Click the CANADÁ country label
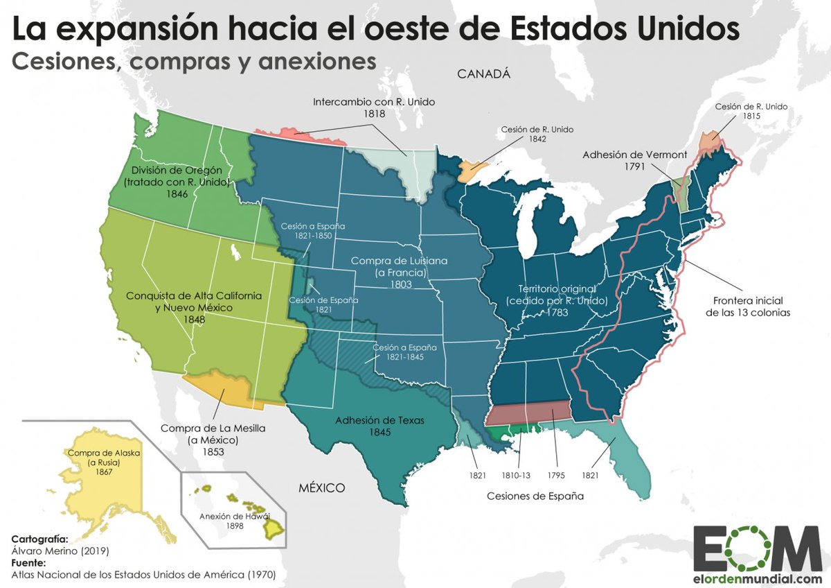[483, 74]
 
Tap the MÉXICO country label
[321, 488]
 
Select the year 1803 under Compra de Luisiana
[400, 284]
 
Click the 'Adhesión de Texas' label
[379, 420]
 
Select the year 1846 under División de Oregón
[177, 195]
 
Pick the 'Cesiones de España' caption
[535, 496]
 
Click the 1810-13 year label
[516, 476]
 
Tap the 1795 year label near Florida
[555, 476]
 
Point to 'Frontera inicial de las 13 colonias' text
[748, 306]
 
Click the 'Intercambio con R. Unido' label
[374, 102]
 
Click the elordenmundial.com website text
[758, 579]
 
